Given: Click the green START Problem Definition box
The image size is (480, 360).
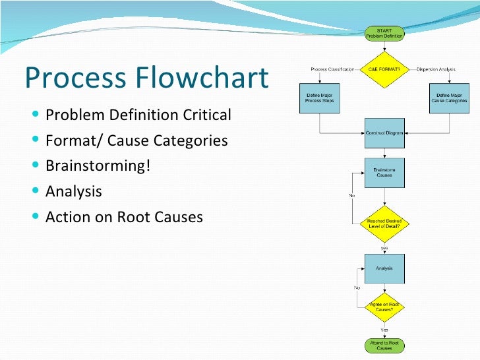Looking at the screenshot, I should tap(384, 33).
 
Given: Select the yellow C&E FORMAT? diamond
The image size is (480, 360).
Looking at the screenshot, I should tap(384, 68).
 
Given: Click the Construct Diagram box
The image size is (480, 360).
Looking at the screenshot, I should tap(384, 133).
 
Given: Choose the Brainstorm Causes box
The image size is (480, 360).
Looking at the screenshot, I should tap(384, 173).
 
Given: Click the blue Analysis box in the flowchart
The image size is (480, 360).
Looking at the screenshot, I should tap(384, 268).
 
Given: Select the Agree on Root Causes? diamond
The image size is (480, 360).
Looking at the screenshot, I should tap(384, 307).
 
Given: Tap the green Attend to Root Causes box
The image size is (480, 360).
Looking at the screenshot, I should tap(384, 345).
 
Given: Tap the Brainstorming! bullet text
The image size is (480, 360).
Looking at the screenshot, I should tap(98, 165).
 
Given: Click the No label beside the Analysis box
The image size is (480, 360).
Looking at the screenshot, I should tap(357, 288).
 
